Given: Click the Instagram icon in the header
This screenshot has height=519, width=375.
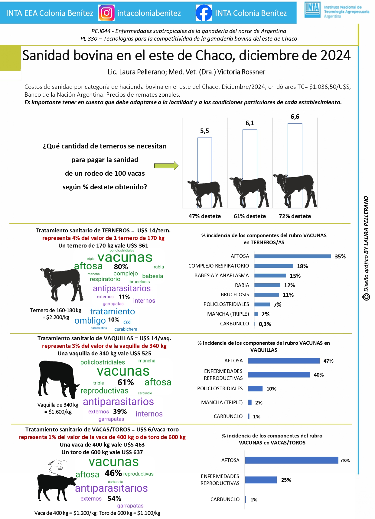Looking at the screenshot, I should coord(106,13).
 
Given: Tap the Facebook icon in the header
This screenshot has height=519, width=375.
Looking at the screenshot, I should coord(204,13).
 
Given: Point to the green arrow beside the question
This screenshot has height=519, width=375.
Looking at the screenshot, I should coord(166,166).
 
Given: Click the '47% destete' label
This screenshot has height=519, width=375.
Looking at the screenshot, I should coord(205,216).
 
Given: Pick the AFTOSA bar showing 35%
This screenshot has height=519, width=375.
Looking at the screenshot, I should coord(292,256).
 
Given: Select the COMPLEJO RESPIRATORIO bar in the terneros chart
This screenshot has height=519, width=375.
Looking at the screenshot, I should coord(274,266).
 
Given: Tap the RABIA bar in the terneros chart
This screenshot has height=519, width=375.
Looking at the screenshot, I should coord(267,285).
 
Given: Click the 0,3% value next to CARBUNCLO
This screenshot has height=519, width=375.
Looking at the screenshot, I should coord(265,324).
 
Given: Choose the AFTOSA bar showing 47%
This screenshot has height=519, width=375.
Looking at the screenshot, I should coord(284,361).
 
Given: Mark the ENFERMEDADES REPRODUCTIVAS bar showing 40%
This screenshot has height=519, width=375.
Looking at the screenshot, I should coord(279,375).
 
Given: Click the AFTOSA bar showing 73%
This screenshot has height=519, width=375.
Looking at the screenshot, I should coord(292,460).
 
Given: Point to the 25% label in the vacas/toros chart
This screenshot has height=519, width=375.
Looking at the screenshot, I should coord(286,480).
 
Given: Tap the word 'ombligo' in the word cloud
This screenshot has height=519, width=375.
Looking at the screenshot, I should coord(90,321).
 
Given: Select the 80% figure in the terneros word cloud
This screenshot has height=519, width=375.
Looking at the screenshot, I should coord(121,267).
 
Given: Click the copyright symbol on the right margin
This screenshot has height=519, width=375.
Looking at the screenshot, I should coord(366,297).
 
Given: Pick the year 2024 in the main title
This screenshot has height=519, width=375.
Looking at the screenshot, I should coord(335,55).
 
